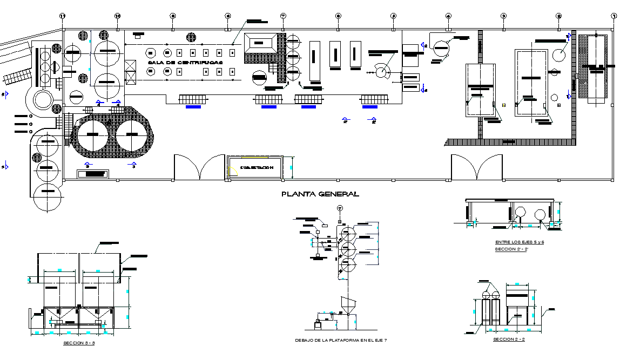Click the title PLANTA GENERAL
pyautogui.click(x=320, y=194)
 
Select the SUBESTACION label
pyautogui.click(x=257, y=168)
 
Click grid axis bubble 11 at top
pyautogui.click(x=62, y=16)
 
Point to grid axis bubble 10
pyautogui.click(x=117, y=16)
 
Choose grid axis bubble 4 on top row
pyautogui.click(x=448, y=16)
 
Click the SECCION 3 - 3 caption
pyautogui.click(x=79, y=343)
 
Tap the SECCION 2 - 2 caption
pyautogui.click(x=509, y=339)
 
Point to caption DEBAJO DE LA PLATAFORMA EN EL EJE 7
pyautogui.click(x=341, y=340)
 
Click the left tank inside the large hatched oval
pyautogui.click(x=92, y=135)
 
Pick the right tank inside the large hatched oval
pyautogui.click(x=131, y=135)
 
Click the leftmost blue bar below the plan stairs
pyautogui.click(x=193, y=107)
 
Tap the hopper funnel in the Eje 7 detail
pyautogui.click(x=347, y=304)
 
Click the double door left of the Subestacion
pyautogui.click(x=199, y=167)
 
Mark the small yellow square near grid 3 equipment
pyautogui.click(x=504, y=105)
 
